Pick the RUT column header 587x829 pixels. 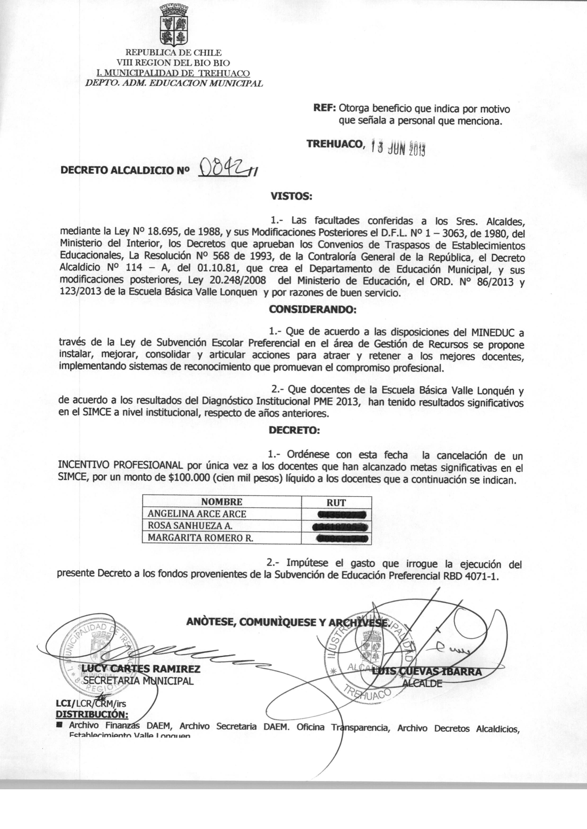pos(336,503)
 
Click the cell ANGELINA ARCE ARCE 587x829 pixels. pos(197,514)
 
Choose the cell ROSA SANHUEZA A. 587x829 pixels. pos(190,526)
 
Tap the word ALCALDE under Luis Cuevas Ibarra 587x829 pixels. pos(422,683)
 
